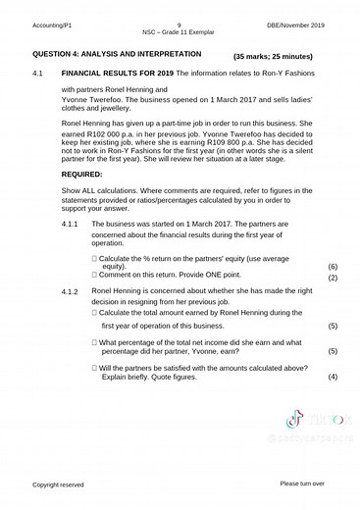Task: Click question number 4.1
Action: pos(40,75)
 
